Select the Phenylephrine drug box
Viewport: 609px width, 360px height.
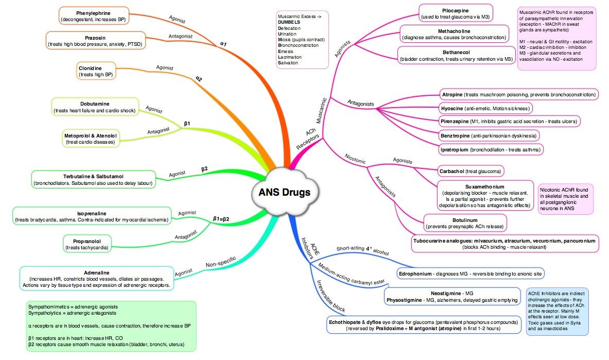click(93, 15)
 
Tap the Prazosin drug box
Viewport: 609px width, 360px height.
click(95, 41)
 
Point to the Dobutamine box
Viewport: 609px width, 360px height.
click(95, 107)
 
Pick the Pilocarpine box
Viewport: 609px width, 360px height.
click(456, 13)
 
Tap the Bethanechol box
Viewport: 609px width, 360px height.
click(456, 56)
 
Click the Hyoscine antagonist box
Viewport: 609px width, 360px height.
click(485, 108)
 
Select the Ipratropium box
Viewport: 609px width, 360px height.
click(491, 149)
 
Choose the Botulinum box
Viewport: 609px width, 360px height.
click(465, 222)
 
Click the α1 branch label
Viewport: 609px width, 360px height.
click(224, 44)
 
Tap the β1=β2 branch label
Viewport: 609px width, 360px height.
click(221, 219)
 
